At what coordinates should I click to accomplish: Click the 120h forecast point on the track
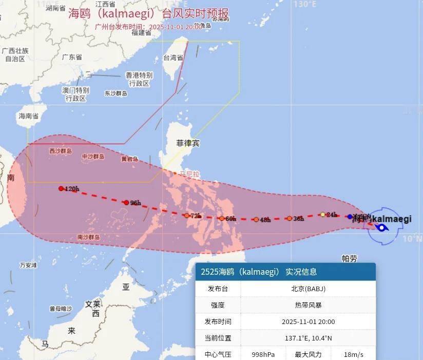[x=61, y=188]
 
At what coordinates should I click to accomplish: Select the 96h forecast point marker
[x=126, y=202]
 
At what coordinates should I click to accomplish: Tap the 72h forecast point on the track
[x=187, y=215]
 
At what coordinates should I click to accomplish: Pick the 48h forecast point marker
[x=256, y=219]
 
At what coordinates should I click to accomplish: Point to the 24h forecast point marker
[x=322, y=214]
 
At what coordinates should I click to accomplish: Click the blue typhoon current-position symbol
[x=381, y=228]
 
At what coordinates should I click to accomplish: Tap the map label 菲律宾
[x=187, y=143]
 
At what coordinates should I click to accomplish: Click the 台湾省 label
[x=173, y=58]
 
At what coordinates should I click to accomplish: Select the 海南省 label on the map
[x=29, y=116]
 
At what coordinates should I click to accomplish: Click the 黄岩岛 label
[x=129, y=159]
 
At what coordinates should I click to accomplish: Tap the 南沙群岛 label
[x=88, y=237]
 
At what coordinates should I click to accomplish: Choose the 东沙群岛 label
[x=116, y=93]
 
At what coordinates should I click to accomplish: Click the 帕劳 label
[x=349, y=258]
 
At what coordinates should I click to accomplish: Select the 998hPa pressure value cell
[x=263, y=354]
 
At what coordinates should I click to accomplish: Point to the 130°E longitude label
[x=305, y=4]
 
